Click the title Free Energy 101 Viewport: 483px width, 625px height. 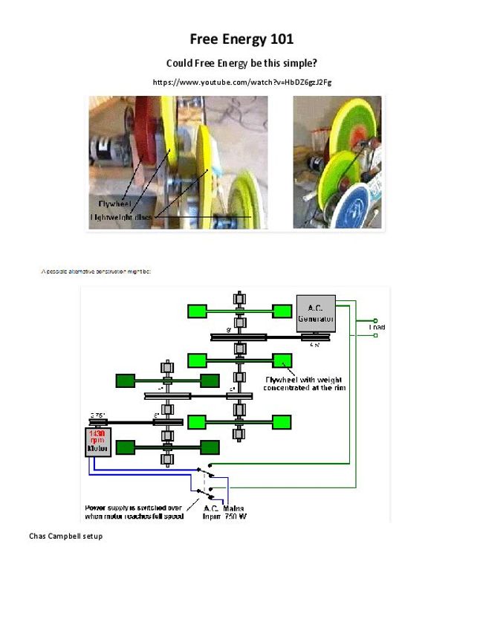[x=241, y=39]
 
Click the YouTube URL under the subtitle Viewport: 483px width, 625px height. [x=241, y=82]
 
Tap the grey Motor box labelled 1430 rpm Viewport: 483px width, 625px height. [x=97, y=441]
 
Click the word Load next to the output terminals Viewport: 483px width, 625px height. [x=377, y=327]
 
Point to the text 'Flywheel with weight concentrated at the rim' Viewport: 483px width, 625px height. [x=305, y=383]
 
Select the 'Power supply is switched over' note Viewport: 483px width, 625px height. [x=133, y=512]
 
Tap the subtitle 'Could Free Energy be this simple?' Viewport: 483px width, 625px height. [x=241, y=63]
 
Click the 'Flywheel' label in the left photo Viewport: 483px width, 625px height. [x=114, y=202]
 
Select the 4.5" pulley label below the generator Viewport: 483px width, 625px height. [x=315, y=344]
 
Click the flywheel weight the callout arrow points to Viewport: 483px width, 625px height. [x=282, y=361]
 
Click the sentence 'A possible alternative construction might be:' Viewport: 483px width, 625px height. [x=96, y=271]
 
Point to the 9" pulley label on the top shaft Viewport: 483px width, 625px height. [x=230, y=329]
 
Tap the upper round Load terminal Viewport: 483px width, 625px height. [x=376, y=320]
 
